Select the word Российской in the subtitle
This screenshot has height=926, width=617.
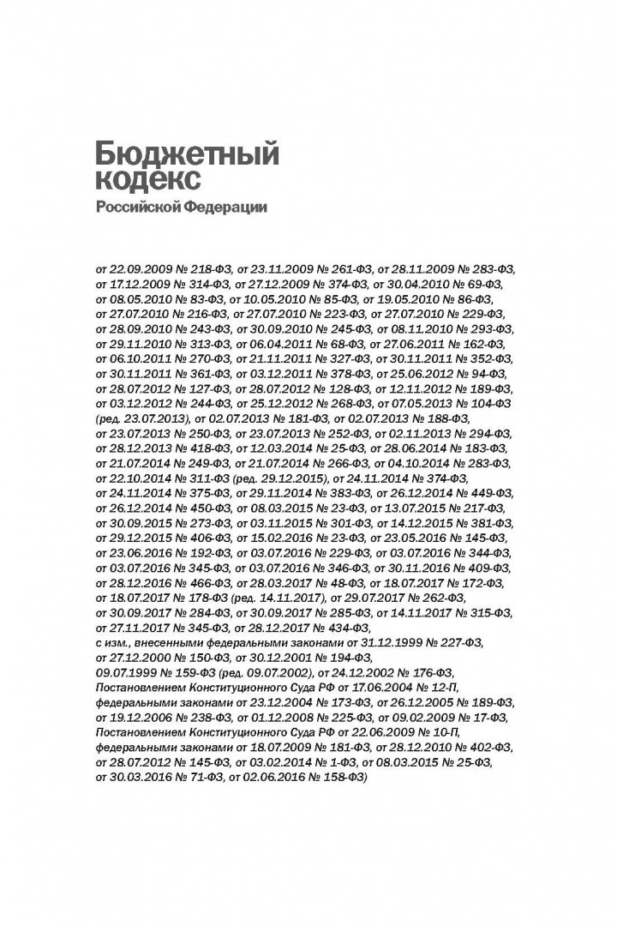point(135,207)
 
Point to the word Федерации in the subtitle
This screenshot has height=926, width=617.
point(226,207)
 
